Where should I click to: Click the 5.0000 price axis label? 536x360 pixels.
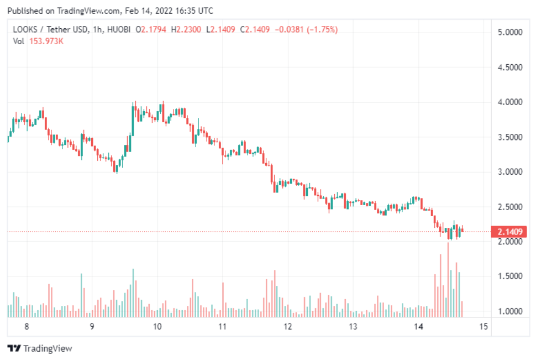click(x=510, y=33)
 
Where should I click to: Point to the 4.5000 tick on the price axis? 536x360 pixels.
click(x=510, y=67)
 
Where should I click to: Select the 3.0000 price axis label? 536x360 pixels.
click(x=510, y=172)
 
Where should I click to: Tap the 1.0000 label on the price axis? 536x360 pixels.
click(x=510, y=311)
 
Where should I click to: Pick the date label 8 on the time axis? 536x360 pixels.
click(x=27, y=326)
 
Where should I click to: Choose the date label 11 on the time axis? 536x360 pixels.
click(x=222, y=326)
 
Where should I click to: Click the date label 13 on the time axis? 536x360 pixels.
click(x=353, y=326)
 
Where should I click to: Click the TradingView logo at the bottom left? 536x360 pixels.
click(x=40, y=348)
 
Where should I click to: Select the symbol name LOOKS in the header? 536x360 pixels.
click(x=24, y=29)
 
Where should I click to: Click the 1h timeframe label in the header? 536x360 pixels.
click(x=99, y=29)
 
